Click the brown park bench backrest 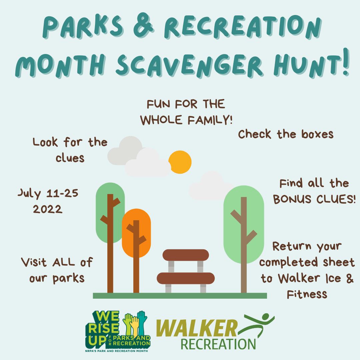(186, 255)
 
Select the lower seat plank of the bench (186, 278)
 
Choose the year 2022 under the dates (48, 209)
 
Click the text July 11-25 (48, 193)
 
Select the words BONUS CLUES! (314, 199)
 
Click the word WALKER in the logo (197, 328)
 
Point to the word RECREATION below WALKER (218, 344)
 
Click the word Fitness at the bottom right (307, 294)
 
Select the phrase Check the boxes (286, 134)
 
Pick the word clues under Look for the (70, 158)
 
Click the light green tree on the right (244, 220)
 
